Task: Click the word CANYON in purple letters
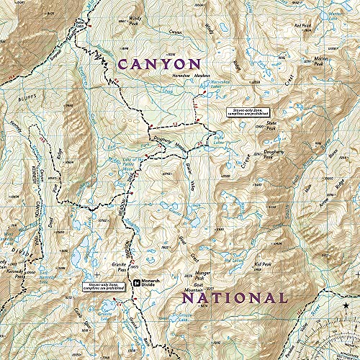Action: click(x=159, y=65)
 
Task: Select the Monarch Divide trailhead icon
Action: click(x=136, y=281)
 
